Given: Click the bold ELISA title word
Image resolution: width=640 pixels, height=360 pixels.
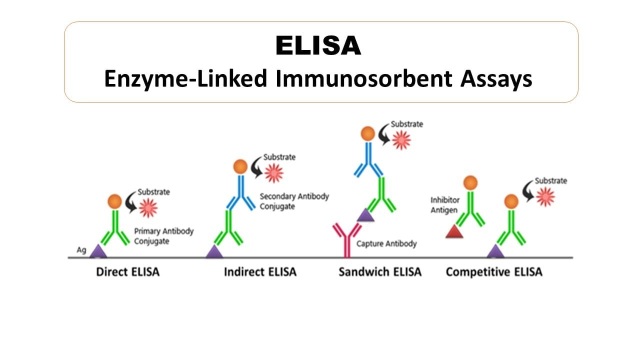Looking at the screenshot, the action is pos(318,45).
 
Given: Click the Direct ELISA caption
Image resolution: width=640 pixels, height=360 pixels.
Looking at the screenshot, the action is pos(127,271).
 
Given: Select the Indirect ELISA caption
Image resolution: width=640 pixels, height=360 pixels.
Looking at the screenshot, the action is pos(260,271).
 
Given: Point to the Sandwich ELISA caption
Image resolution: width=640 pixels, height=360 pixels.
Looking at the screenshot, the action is pos(380,271).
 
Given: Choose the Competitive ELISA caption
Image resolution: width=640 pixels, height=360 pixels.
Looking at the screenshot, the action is pos(494,272).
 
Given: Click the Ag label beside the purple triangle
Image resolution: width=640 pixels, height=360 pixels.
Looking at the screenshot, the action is pos(81,250).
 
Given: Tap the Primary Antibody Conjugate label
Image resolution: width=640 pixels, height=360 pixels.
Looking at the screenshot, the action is pos(163,236).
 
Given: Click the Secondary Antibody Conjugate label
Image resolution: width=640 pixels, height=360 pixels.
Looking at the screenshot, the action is pos(294,201).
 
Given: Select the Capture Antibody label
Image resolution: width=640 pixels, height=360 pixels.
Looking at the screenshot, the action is pos(386,243).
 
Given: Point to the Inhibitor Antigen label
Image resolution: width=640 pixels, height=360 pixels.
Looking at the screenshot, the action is pos(445,205).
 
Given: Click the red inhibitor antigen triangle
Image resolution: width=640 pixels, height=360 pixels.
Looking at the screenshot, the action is pos(454,231).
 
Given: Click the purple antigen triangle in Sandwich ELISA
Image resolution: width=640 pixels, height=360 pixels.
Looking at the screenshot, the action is pos(365,215).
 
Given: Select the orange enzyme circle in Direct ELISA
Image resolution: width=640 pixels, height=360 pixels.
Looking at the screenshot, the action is pos(115,201).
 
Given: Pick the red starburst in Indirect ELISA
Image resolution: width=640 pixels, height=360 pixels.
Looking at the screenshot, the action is pos(274,173).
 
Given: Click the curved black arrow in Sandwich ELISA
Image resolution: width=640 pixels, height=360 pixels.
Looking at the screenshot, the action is pos(384,134).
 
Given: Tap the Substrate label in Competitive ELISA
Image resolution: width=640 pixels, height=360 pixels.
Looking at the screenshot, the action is pos(551,181).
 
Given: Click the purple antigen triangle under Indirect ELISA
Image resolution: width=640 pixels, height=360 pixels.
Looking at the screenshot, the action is pos(214,251).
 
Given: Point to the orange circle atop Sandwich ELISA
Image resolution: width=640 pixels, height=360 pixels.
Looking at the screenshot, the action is pos(368,133).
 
